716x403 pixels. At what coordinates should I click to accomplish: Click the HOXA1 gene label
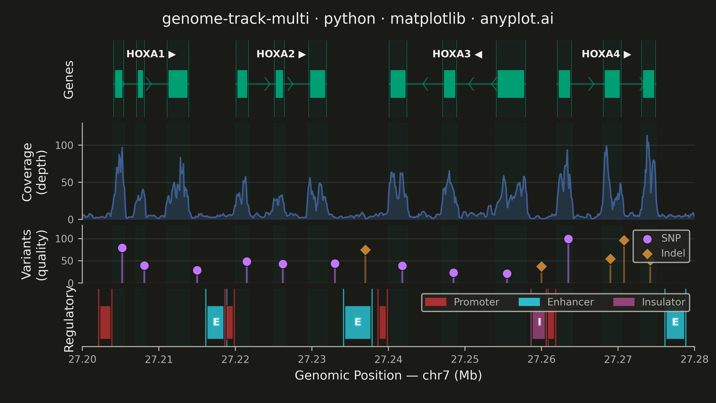pyautogui.click(x=151, y=54)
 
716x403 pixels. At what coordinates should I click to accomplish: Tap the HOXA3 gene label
pyautogui.click(x=457, y=54)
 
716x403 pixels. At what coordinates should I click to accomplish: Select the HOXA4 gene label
pyautogui.click(x=606, y=54)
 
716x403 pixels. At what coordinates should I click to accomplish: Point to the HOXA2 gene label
pyautogui.click(x=281, y=54)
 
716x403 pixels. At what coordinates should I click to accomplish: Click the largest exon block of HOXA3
pyautogui.click(x=511, y=84)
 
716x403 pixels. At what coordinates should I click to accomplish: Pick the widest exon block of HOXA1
pyautogui.click(x=178, y=84)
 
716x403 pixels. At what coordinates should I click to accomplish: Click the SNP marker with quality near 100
pyautogui.click(x=568, y=239)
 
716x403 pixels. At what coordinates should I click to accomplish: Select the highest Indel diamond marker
pyautogui.click(x=624, y=240)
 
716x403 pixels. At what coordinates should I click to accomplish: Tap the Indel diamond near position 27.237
pyautogui.click(x=365, y=250)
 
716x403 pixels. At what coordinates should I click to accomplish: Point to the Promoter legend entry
pyautogui.click(x=462, y=302)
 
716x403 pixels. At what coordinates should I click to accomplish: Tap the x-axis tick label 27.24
pyautogui.click(x=388, y=359)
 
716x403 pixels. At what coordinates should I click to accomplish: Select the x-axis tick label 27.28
pyautogui.click(x=694, y=359)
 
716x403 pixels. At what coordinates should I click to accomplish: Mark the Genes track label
pyautogui.click(x=68, y=80)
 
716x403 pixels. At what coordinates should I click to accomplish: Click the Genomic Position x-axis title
pyautogui.click(x=388, y=375)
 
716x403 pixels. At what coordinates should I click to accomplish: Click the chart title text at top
pyautogui.click(x=358, y=19)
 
